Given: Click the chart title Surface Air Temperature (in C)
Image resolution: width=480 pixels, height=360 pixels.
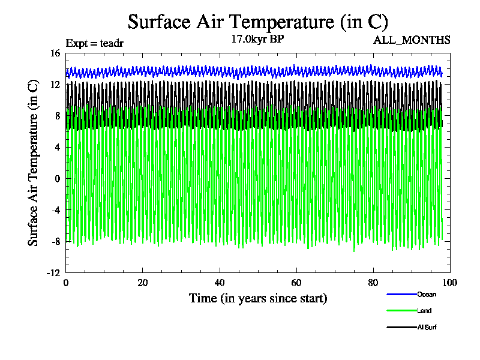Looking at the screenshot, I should [x=258, y=22].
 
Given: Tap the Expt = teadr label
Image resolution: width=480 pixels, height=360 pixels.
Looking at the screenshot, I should [x=94, y=43].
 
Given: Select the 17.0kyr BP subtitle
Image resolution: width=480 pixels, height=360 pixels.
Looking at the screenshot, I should [x=257, y=39].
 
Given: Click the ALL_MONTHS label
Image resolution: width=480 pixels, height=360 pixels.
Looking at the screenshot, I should [x=412, y=40].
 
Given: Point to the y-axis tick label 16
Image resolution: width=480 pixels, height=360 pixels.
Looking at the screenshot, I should [x=55, y=53].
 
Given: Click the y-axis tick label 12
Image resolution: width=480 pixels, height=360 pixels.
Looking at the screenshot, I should [x=55, y=85].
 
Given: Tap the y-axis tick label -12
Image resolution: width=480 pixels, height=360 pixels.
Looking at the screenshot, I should [x=53, y=272].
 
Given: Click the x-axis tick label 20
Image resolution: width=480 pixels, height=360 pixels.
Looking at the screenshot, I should [x=143, y=283].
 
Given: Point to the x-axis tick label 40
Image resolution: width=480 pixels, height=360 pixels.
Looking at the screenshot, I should [x=220, y=283].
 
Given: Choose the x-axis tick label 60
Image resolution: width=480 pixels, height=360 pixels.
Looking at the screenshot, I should [x=296, y=283].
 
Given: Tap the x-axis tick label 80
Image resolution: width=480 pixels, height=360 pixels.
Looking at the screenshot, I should [x=373, y=283].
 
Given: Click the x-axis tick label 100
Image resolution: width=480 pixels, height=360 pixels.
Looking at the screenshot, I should [x=449, y=283].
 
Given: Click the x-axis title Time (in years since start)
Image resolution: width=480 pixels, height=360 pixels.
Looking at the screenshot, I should [x=258, y=298].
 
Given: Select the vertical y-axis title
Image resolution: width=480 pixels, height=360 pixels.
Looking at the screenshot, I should [x=34, y=163].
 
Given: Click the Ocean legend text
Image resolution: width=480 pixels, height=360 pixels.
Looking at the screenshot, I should [x=427, y=294].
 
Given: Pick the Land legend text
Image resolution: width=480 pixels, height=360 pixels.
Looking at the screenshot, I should [x=424, y=311].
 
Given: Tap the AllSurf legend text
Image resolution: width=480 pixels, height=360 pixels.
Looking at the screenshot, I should [x=428, y=328].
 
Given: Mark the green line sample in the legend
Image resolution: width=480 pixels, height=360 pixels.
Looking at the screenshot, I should [x=401, y=311].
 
